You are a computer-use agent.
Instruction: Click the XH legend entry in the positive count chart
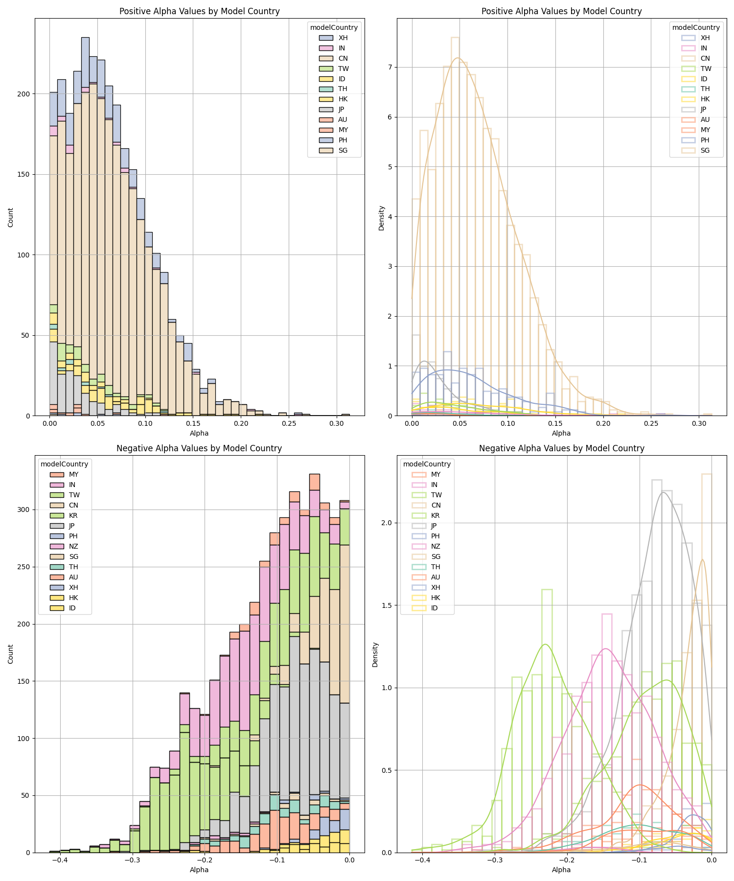(x=343, y=38)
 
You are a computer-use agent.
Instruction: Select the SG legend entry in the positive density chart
(x=705, y=150)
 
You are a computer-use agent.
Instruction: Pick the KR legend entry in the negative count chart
(x=73, y=515)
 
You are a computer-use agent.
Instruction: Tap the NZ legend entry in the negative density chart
(x=436, y=546)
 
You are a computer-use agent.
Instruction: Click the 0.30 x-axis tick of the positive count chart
(x=336, y=423)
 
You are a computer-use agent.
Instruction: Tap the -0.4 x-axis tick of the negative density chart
(x=422, y=860)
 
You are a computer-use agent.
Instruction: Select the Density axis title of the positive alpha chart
(x=382, y=218)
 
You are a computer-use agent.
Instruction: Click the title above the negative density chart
(x=561, y=448)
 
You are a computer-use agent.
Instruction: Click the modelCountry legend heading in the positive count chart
(x=334, y=27)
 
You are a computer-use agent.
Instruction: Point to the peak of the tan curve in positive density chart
(x=458, y=58)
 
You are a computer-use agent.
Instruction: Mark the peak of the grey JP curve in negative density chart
(x=664, y=492)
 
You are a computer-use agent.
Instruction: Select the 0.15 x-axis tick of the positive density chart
(x=555, y=423)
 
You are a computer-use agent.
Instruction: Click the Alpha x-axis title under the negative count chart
(x=199, y=870)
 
